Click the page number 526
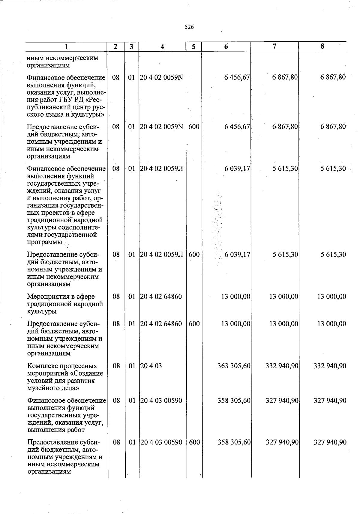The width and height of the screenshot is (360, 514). click(189, 27)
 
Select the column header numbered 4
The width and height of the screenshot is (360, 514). click(162, 46)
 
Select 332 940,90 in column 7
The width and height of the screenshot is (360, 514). click(282, 366)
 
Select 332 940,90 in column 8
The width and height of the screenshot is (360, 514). click(330, 366)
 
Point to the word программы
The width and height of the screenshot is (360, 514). click(45, 242)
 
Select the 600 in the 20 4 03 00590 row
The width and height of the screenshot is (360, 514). click(194, 442)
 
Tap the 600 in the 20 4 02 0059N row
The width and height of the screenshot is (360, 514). click(194, 127)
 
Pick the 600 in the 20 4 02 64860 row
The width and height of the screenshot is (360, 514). click(194, 324)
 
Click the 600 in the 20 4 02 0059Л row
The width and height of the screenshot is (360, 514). click(194, 255)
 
